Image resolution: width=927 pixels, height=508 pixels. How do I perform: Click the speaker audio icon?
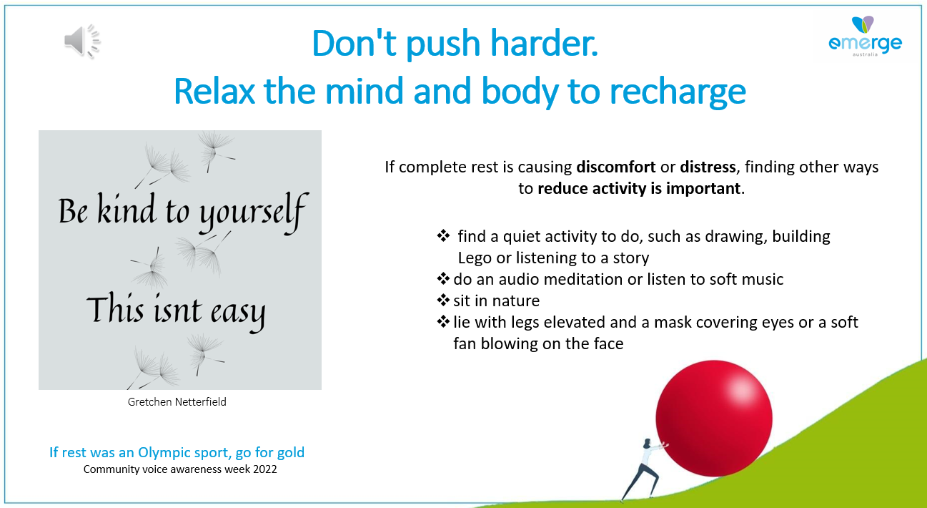coord(82,41)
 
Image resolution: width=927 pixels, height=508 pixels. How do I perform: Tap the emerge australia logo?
coord(865,36)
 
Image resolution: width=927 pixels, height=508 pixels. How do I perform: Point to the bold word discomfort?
coord(616,167)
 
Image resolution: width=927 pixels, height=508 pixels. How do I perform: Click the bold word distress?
coord(708,167)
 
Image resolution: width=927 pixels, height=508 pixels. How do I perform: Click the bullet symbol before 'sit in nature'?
coord(443,301)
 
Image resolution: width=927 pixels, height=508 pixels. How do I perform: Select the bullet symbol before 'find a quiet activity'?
coord(443,236)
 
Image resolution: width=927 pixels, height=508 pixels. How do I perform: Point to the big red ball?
coord(714,418)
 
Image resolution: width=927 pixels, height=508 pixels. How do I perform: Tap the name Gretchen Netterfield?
coord(177,402)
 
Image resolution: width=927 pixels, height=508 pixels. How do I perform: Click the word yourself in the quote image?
coord(253,213)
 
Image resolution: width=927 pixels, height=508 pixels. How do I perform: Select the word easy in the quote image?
coord(238,313)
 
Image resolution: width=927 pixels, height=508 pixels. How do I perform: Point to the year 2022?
coord(265,469)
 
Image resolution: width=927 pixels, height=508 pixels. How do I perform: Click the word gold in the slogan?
coord(290,452)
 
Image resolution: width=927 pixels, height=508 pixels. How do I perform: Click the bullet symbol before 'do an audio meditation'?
coord(443,279)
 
